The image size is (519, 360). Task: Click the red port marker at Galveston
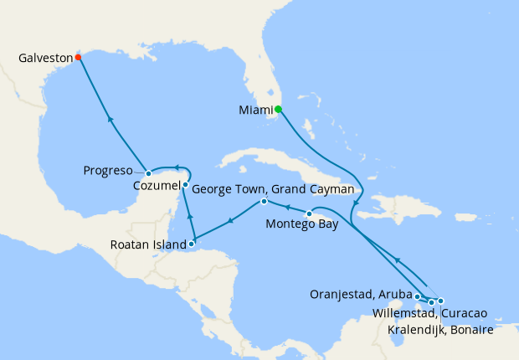(x=78, y=58)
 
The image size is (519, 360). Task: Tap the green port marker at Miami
(x=279, y=109)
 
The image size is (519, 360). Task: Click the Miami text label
(x=255, y=109)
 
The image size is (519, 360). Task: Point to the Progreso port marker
(x=148, y=173)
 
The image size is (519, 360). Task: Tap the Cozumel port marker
(x=185, y=184)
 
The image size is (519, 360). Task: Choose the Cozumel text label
(x=156, y=185)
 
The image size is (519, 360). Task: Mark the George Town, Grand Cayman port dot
(x=264, y=202)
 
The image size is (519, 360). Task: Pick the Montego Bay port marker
(x=309, y=213)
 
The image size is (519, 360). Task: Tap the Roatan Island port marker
(x=192, y=244)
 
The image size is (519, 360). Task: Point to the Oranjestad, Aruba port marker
(x=417, y=296)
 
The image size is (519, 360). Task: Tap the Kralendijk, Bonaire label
(x=440, y=330)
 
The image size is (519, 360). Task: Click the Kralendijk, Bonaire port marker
(x=440, y=301)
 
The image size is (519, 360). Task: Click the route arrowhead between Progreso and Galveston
(x=110, y=120)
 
